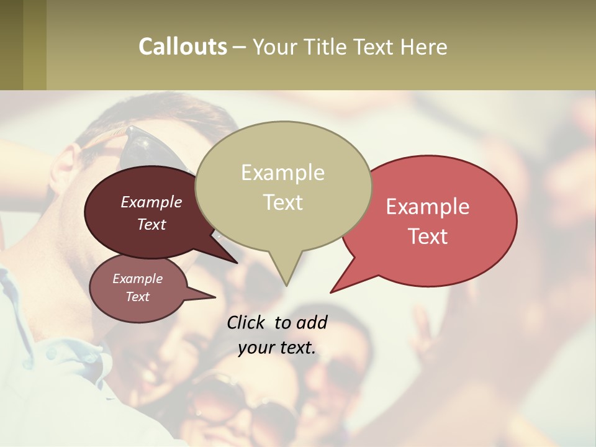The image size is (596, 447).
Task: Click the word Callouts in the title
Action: point(183,47)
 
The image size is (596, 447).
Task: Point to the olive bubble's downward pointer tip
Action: point(286,285)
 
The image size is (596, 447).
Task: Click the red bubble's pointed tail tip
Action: point(331,292)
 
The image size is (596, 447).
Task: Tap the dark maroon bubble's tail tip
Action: point(237,263)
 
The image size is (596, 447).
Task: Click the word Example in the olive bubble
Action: point(282,173)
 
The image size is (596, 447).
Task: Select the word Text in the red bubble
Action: point(428,237)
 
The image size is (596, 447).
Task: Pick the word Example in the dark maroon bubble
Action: point(151,202)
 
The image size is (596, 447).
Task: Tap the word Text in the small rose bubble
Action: point(138,297)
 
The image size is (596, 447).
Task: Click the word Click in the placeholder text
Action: point(246,322)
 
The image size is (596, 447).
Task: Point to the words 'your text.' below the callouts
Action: point(277,348)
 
